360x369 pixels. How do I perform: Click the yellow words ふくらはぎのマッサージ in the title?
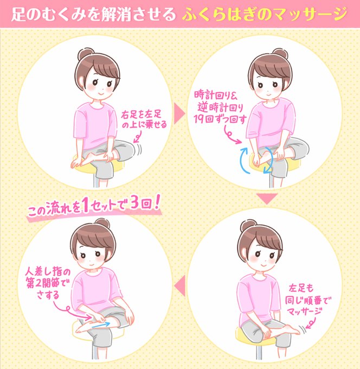265,14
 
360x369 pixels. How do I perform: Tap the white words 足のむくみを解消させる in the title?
93,14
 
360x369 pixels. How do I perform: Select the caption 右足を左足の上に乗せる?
144,119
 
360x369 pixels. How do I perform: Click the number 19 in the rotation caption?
198,119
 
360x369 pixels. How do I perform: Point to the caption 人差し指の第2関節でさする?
48,282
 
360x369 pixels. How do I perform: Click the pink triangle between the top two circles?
179,114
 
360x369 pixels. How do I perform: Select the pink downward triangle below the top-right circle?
267,199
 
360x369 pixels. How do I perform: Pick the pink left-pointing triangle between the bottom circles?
179,285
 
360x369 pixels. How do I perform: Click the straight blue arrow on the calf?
101,325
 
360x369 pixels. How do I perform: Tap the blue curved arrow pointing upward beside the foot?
242,160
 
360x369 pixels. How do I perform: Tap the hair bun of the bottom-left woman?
102,224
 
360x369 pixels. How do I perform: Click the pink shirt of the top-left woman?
95,125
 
